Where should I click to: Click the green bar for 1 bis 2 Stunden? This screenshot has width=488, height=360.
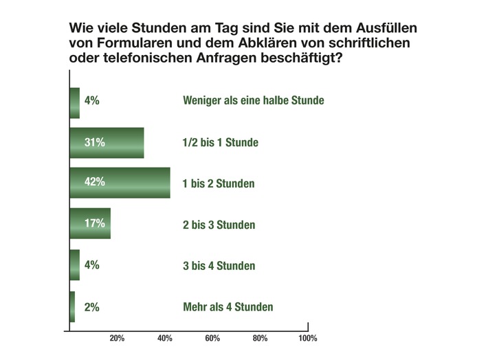(120, 183)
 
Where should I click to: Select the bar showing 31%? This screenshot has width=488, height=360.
(107, 143)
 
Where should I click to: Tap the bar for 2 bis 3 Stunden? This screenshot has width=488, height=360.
(91, 223)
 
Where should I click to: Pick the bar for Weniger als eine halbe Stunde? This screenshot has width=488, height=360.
(75, 102)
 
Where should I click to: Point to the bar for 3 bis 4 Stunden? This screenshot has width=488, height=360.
(75, 265)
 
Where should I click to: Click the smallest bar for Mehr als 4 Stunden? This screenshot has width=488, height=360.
(73, 306)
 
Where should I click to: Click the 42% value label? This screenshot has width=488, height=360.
(94, 183)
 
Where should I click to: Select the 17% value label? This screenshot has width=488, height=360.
(94, 223)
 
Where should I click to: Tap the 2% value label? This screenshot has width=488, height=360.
(91, 307)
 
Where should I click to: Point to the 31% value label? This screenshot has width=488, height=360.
(94, 143)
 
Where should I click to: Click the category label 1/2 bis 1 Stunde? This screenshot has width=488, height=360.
(220, 143)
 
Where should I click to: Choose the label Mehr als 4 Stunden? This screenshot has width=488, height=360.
(228, 307)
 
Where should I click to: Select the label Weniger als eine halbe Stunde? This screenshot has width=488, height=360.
(253, 101)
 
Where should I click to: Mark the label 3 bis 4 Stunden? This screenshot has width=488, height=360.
(219, 266)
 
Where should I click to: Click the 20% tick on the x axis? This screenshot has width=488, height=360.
(117, 339)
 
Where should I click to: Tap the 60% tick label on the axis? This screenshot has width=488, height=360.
(212, 339)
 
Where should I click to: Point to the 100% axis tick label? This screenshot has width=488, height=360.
(307, 339)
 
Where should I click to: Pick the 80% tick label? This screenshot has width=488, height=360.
(260, 339)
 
